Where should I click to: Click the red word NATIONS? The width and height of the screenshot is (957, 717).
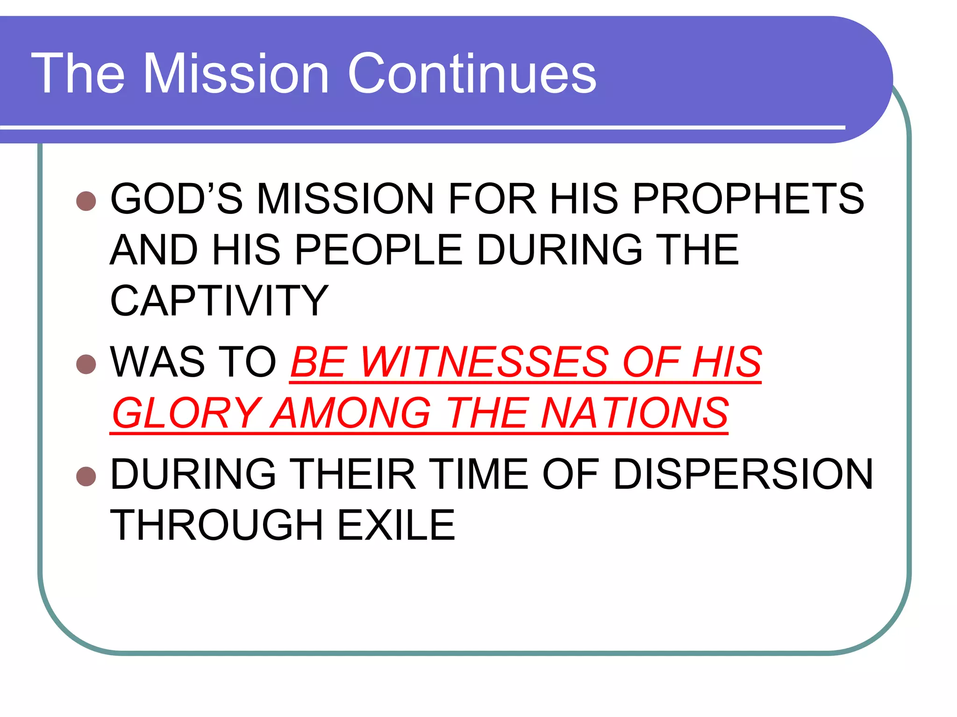click(x=635, y=413)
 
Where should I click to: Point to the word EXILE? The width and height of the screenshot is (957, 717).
click(x=396, y=525)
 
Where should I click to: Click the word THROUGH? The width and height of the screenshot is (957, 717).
click(x=217, y=525)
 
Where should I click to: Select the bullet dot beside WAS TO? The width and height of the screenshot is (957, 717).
click(x=86, y=364)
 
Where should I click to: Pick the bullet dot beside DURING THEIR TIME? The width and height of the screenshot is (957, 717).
click(x=86, y=476)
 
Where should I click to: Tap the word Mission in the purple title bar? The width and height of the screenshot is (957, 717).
click(x=236, y=73)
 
